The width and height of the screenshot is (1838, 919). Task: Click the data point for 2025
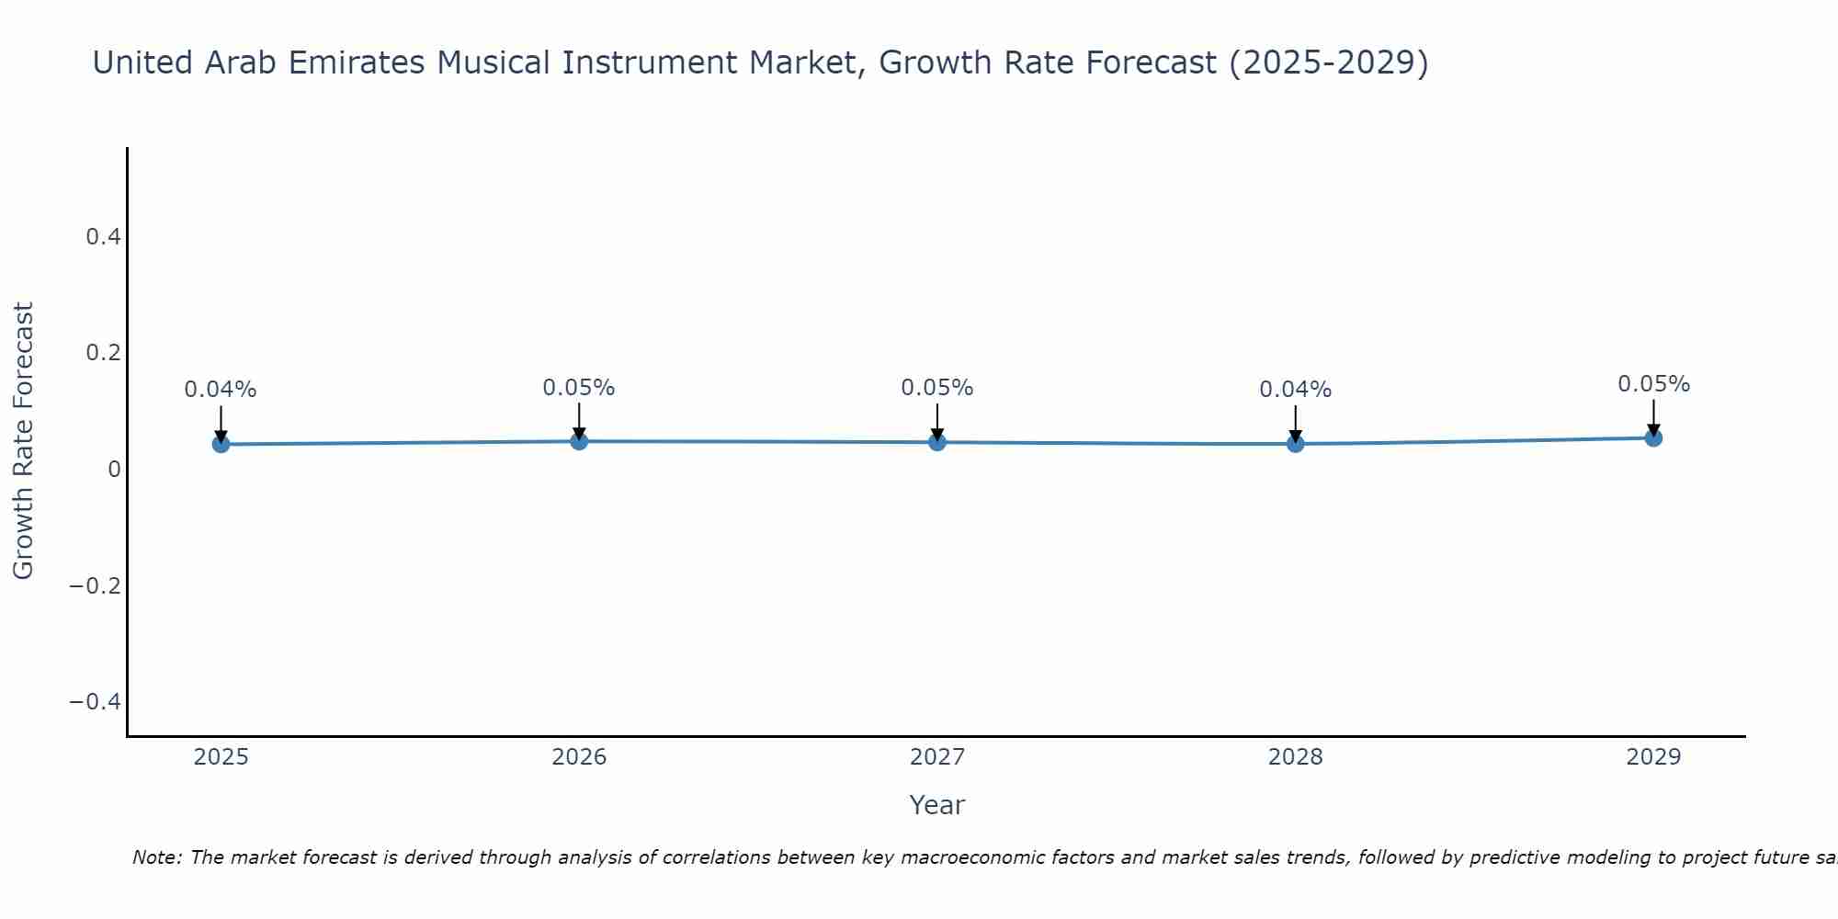click(x=221, y=444)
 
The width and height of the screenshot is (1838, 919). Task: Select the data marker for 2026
click(x=579, y=441)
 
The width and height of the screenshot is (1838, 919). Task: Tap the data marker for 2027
click(x=937, y=442)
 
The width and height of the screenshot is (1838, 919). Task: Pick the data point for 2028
click(x=1296, y=444)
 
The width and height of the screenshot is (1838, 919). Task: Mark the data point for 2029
click(x=1653, y=437)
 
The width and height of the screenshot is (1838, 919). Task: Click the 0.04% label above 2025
click(x=221, y=390)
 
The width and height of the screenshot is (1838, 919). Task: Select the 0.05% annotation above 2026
click(x=579, y=388)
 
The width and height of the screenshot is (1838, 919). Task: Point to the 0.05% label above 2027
click(x=937, y=388)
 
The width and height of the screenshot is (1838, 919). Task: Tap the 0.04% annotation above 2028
click(x=1296, y=390)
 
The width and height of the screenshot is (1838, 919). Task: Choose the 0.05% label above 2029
click(x=1653, y=384)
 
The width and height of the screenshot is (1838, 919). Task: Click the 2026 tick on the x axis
click(x=579, y=757)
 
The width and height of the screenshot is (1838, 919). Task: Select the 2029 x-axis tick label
click(x=1653, y=757)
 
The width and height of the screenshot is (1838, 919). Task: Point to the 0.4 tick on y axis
click(x=103, y=237)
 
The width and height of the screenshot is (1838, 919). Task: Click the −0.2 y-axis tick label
click(x=96, y=585)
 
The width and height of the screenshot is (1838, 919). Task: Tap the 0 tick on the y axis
click(x=114, y=470)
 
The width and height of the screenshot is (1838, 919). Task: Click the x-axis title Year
click(x=936, y=805)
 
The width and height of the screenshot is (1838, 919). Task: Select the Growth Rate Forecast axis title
click(x=23, y=441)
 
